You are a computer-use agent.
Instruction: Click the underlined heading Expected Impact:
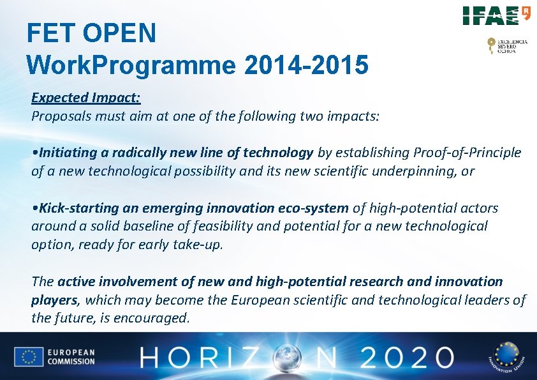point(86,98)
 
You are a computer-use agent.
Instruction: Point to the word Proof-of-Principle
point(467,153)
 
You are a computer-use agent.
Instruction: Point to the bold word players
point(54,300)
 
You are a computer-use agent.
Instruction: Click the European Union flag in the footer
point(29,357)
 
